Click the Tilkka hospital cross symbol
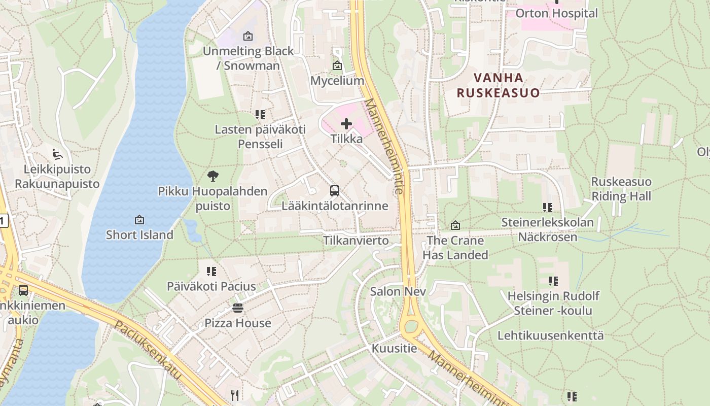(x=346, y=124)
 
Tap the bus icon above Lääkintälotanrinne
(x=335, y=191)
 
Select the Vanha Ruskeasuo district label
(x=498, y=85)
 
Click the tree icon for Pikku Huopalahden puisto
(x=213, y=176)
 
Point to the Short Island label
(x=139, y=234)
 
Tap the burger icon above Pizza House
(x=237, y=308)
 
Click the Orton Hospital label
(x=556, y=13)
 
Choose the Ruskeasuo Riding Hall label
(x=621, y=189)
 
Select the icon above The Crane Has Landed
(x=455, y=225)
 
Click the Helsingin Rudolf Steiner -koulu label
(x=553, y=303)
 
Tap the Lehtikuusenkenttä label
(x=550, y=335)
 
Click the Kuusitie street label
(x=395, y=348)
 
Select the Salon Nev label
(x=398, y=291)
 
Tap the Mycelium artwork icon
(x=337, y=65)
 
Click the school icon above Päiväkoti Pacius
(x=211, y=272)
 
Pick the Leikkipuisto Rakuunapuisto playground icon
(x=57, y=154)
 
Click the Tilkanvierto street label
(x=356, y=240)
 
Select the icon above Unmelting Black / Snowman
(x=248, y=36)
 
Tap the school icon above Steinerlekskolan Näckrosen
(x=547, y=207)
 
